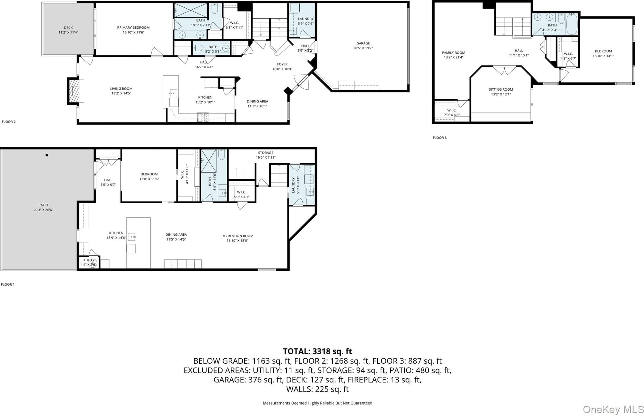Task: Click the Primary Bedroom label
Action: point(133,27)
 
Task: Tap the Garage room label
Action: point(363,43)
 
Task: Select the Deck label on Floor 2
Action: point(68,28)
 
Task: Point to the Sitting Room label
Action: point(501,90)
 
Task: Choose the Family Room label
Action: point(453,53)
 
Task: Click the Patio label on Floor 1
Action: point(43,205)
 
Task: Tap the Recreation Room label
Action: point(237,236)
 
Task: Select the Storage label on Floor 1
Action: point(266,153)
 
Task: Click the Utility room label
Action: point(88,260)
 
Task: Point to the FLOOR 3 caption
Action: point(439,138)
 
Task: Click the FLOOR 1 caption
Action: point(8,284)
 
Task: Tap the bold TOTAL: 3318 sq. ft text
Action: point(317,351)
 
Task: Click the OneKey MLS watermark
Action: point(613,409)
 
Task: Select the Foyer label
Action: point(282,64)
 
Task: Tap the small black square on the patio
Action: point(47,155)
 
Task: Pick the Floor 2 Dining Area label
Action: point(257,101)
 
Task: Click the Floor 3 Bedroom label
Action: point(603,51)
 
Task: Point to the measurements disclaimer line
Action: point(317,403)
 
